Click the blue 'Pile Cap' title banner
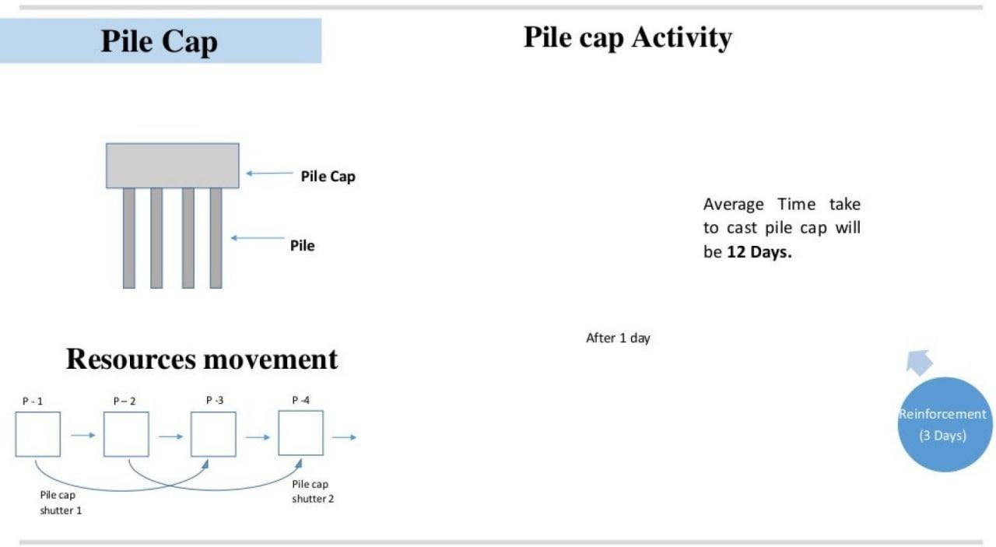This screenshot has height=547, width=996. pyautogui.click(x=160, y=40)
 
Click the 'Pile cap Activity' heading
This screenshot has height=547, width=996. pyautogui.click(x=627, y=37)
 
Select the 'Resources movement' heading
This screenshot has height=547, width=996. pyautogui.click(x=202, y=359)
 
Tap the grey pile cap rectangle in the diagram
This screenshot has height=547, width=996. pyautogui.click(x=173, y=166)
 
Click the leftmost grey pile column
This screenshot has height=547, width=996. pyautogui.click(x=129, y=238)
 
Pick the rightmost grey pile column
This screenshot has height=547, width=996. pyautogui.click(x=216, y=238)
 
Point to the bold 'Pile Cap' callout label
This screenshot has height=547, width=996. pyautogui.click(x=328, y=176)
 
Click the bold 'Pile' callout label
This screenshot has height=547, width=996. pyautogui.click(x=303, y=245)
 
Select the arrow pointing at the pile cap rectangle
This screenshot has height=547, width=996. pyautogui.click(x=269, y=173)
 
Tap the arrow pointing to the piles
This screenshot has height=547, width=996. pyautogui.click(x=258, y=238)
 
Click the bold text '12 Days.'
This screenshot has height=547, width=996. pyautogui.click(x=759, y=252)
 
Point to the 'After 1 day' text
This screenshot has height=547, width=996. pyautogui.click(x=618, y=338)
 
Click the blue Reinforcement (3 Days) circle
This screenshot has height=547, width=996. pyautogui.click(x=945, y=424)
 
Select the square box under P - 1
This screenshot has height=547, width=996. pyautogui.click(x=38, y=434)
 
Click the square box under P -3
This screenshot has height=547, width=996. pyautogui.click(x=213, y=434)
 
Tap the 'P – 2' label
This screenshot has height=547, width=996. pyautogui.click(x=124, y=401)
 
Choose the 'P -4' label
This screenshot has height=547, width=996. pyautogui.click(x=300, y=400)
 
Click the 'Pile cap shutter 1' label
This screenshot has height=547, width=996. pyautogui.click(x=61, y=503)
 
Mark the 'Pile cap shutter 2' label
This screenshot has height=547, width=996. pyautogui.click(x=313, y=492)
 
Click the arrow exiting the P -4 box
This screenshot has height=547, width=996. pyautogui.click(x=344, y=437)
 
